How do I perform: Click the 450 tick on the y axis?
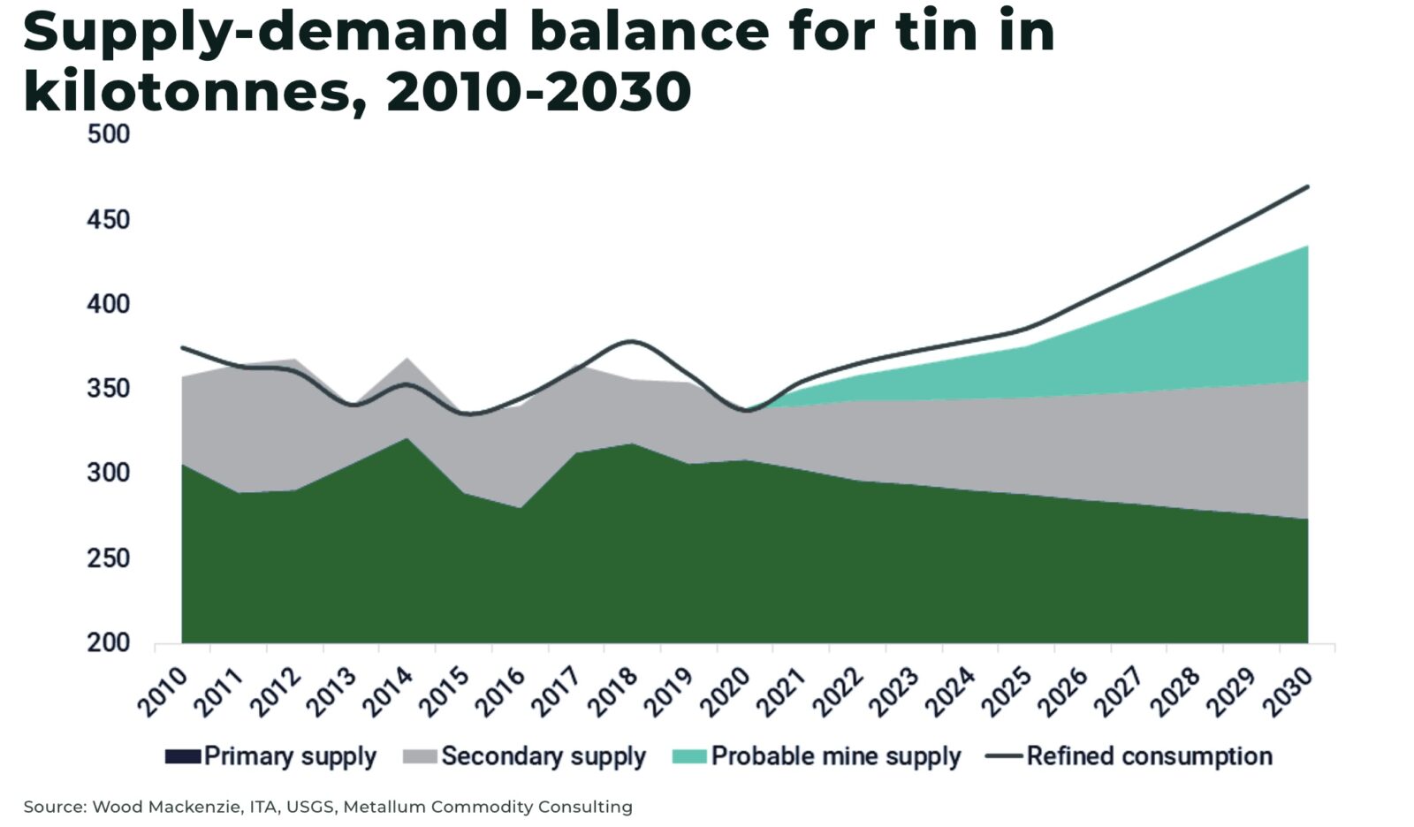pos(108,219)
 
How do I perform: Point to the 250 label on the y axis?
pos(108,558)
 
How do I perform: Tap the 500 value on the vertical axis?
pos(108,134)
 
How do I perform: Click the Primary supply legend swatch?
pos(182,756)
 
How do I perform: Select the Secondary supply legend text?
pos(544,756)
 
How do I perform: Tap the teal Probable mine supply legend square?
pos(689,756)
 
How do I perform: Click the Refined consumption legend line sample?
pos(1004,756)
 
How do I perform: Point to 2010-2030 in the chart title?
pos(538,91)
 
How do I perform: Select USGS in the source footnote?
pos(310,807)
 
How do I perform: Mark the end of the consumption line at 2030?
pos(1307,186)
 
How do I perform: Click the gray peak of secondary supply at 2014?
pos(406,359)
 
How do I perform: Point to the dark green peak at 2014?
pos(406,439)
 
